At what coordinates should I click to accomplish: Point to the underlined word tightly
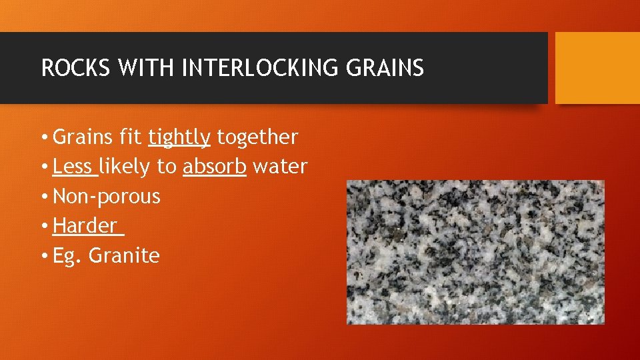(x=179, y=137)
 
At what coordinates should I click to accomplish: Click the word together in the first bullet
(x=257, y=137)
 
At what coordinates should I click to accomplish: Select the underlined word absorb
(x=215, y=167)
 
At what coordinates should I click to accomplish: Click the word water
(x=280, y=167)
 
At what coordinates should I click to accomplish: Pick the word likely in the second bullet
(x=127, y=167)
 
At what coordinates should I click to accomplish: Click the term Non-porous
(x=107, y=197)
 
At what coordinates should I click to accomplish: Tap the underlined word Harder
(x=85, y=226)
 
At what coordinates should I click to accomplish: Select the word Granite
(x=125, y=256)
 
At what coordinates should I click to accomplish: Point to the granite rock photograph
(x=475, y=252)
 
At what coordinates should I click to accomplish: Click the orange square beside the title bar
(x=597, y=68)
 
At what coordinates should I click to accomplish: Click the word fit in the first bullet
(x=131, y=137)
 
